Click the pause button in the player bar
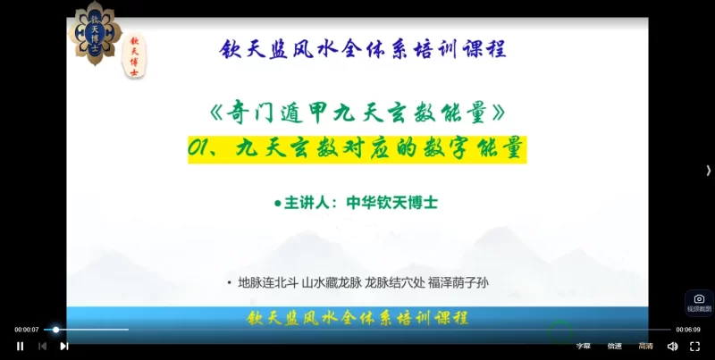[20, 346]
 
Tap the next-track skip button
[63, 346]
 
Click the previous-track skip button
[42, 346]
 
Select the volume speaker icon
[672, 346]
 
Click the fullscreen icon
[694, 346]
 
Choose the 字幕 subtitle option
[583, 346]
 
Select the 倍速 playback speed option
[615, 346]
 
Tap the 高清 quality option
[645, 346]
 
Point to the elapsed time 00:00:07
[27, 330]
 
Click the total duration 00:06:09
[687, 330]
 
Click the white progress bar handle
[55, 330]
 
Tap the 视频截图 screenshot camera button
[699, 302]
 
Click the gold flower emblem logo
[96, 32]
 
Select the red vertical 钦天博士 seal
[134, 56]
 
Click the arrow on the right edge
[708, 171]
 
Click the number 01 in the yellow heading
[198, 148]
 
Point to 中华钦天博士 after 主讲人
[394, 203]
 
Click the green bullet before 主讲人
[277, 204]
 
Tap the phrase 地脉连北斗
[266, 283]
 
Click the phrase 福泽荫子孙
[459, 283]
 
